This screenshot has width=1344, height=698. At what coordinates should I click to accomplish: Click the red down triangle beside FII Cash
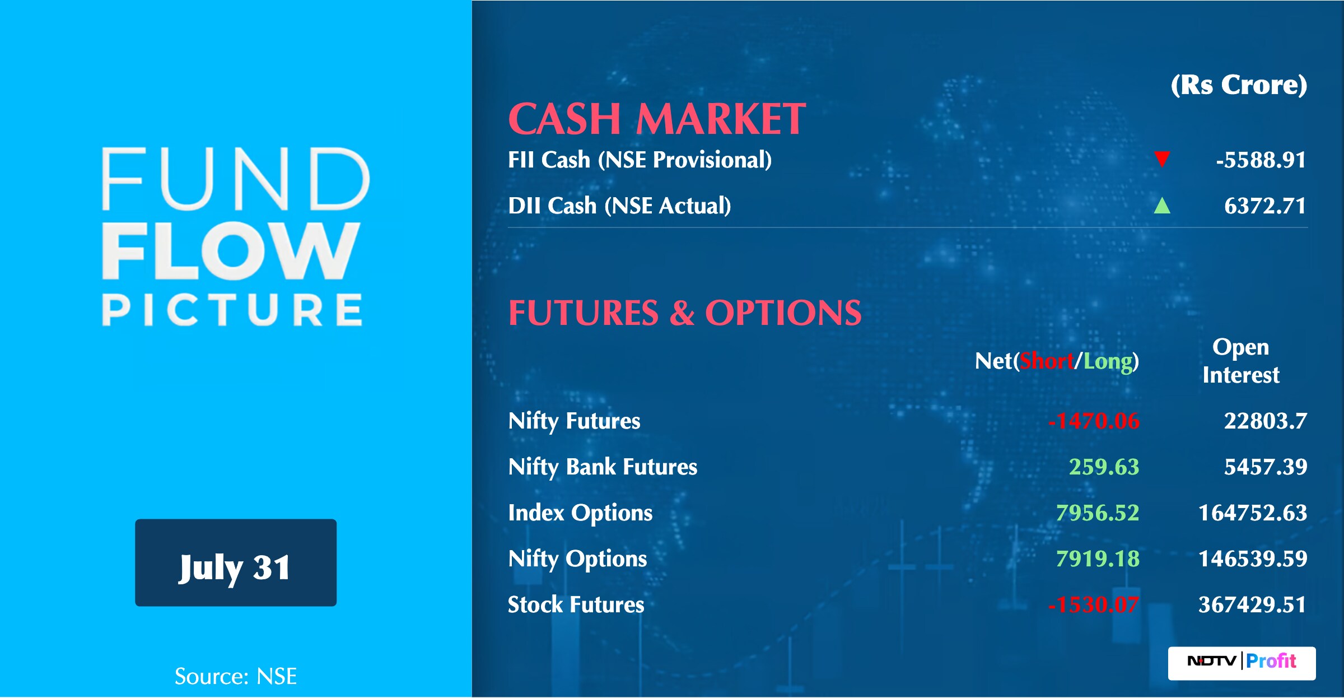pyautogui.click(x=1162, y=159)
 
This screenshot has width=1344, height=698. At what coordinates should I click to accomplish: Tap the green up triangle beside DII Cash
pyautogui.click(x=1162, y=206)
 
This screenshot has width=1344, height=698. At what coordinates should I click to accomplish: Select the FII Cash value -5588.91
pyautogui.click(x=1261, y=160)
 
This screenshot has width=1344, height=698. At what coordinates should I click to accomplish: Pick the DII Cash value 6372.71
pyautogui.click(x=1265, y=206)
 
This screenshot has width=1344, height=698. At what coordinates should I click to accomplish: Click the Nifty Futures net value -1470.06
pyautogui.click(x=1094, y=421)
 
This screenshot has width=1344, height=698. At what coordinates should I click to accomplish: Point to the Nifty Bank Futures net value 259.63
pyautogui.click(x=1104, y=467)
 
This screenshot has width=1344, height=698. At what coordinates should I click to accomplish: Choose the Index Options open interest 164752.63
pyautogui.click(x=1253, y=513)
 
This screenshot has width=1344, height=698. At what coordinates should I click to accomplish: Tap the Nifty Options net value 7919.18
pyautogui.click(x=1098, y=559)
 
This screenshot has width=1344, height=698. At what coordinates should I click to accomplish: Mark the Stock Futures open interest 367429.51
pyautogui.click(x=1253, y=604)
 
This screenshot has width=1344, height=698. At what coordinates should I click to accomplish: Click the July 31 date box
pyautogui.click(x=236, y=562)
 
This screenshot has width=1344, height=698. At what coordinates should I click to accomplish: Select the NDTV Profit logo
pyautogui.click(x=1242, y=663)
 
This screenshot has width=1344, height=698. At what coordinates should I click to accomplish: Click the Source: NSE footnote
pyautogui.click(x=236, y=676)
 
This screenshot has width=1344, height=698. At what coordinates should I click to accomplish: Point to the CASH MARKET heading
pyautogui.click(x=657, y=119)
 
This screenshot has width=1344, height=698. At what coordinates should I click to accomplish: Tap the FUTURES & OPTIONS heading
pyautogui.click(x=685, y=312)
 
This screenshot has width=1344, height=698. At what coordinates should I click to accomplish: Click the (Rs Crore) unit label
pyautogui.click(x=1239, y=85)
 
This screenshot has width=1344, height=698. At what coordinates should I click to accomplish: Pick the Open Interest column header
pyautogui.click(x=1241, y=361)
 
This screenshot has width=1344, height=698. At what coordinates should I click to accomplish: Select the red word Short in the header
pyautogui.click(x=1047, y=361)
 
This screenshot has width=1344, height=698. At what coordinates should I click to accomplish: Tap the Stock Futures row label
pyautogui.click(x=576, y=604)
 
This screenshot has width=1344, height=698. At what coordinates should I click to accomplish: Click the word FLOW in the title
pyautogui.click(x=230, y=250)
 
